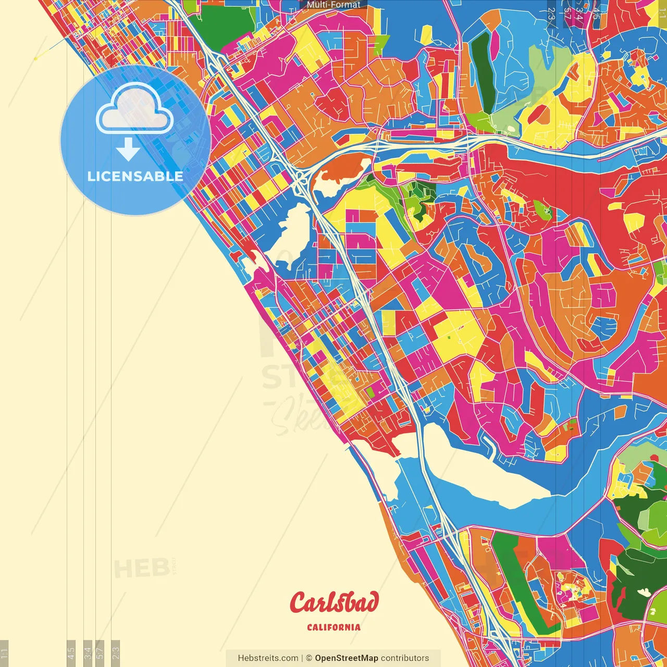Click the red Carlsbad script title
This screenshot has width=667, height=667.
click(334, 603)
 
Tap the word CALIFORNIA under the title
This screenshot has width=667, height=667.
click(333, 627)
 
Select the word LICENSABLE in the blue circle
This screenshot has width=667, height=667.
click(135, 176)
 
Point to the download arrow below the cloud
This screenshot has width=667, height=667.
click(128, 149)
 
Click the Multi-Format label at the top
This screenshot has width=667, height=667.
click(333, 5)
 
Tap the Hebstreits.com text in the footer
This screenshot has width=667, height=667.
click(268, 658)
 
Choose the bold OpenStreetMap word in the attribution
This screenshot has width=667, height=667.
click(346, 658)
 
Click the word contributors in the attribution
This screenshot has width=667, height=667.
click(405, 658)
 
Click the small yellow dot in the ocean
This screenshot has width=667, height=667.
click(35, 58)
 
